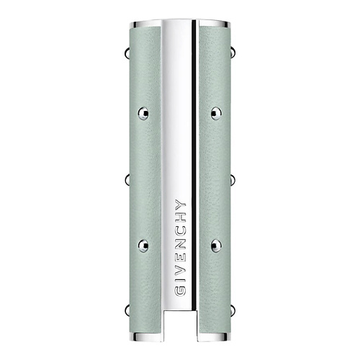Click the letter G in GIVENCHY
click(x=181, y=290)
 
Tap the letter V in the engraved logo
click(x=181, y=271)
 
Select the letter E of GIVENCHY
click(x=181, y=258)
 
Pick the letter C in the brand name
click(x=181, y=230)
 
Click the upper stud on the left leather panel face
click(x=143, y=113)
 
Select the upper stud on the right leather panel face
click(x=216, y=113)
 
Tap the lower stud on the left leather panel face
click(x=143, y=246)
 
